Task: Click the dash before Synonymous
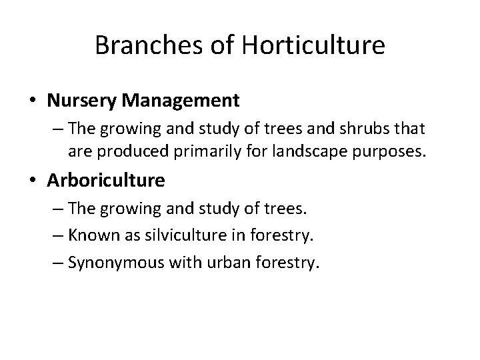pyautogui.click(x=56, y=263)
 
